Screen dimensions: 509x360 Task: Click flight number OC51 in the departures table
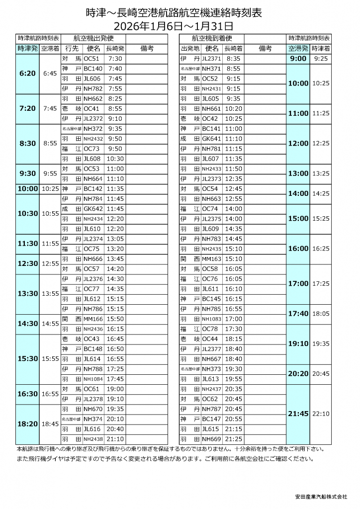[x=93, y=58]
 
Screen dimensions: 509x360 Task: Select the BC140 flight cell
[x=93, y=68]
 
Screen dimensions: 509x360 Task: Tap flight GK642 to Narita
[x=93, y=209]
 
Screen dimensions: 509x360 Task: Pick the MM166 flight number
[x=93, y=319]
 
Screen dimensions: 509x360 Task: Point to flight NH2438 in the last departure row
[x=93, y=439]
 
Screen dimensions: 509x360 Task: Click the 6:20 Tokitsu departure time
[x=27, y=73]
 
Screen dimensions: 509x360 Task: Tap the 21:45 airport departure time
[x=298, y=414]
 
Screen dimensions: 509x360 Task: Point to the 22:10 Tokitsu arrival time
[x=321, y=414]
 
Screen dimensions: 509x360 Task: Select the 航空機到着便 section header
[x=212, y=38]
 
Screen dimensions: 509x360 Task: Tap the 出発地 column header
[x=190, y=48]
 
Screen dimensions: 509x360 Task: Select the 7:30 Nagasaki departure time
[x=115, y=58]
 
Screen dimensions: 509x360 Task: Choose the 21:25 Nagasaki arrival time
[x=233, y=439]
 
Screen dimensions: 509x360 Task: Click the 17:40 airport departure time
[x=298, y=314]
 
